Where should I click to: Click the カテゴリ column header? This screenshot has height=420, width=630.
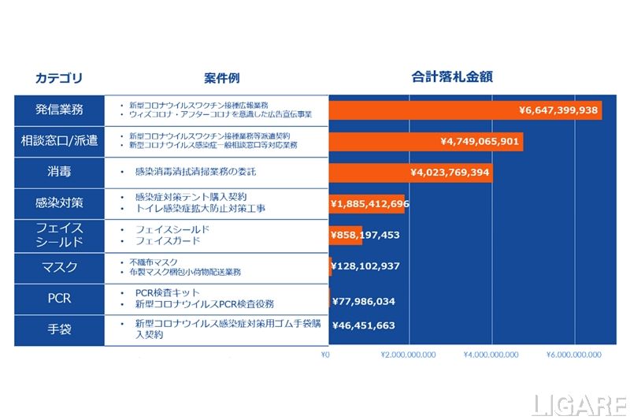pos(58,78)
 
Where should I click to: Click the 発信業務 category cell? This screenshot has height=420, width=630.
pos(59,109)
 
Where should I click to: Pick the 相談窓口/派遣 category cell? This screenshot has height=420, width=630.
pos(59,141)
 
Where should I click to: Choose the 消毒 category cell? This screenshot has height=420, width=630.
pos(59,172)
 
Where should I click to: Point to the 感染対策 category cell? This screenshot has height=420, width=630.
pos(59,203)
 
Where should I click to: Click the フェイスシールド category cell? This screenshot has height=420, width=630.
pos(59,235)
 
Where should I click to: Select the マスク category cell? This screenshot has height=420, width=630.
pos(59,267)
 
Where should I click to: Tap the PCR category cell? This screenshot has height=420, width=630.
pos(59,299)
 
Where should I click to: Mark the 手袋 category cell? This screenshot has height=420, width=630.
pos(59,329)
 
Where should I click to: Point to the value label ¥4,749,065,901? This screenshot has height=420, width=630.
pos(480,142)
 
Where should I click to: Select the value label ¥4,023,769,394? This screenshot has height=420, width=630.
pos(450,173)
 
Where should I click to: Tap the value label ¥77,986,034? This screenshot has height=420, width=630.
pos(363,301)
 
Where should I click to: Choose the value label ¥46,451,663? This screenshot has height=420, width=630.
pos(363,325)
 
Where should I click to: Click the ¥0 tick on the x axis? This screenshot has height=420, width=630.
pos(325,355)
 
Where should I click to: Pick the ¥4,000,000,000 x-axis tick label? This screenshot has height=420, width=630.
pos(491,355)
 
